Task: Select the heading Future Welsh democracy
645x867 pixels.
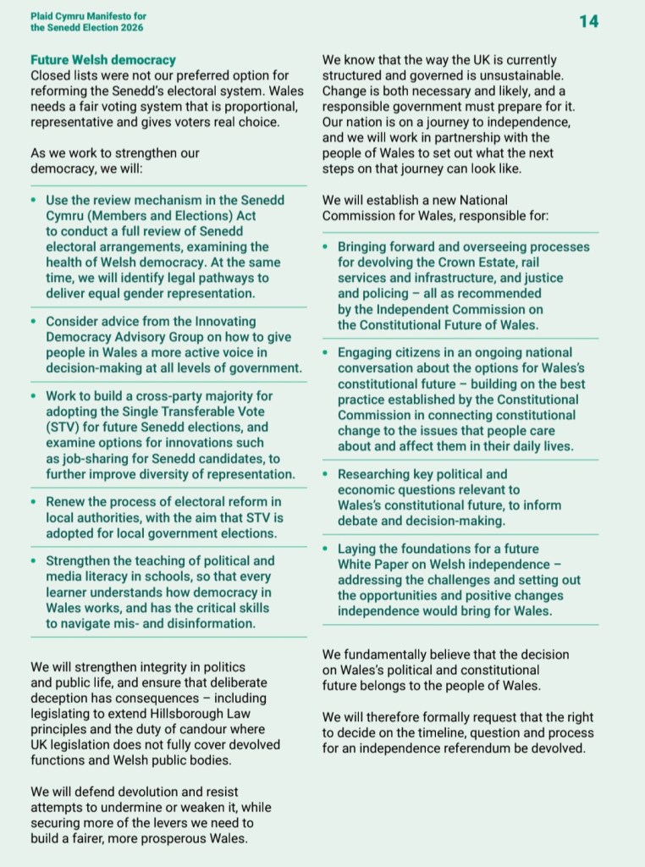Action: pyautogui.click(x=103, y=60)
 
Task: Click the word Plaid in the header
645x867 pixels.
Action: pyautogui.click(x=43, y=15)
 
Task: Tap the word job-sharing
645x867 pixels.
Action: pyautogui.click(x=91, y=458)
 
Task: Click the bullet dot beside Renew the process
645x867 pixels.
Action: pyautogui.click(x=33, y=502)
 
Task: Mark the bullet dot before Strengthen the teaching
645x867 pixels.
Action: pyautogui.click(x=33, y=561)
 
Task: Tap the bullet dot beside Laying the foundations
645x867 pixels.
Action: pyautogui.click(x=326, y=549)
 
